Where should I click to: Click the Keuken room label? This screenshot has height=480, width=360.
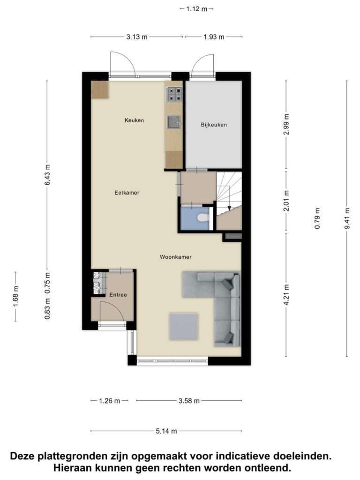134,120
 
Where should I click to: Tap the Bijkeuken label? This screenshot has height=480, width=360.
214,125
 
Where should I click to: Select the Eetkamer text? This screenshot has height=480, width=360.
127,193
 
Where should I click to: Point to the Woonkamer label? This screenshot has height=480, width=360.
176,257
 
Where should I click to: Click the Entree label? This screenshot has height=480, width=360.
118,295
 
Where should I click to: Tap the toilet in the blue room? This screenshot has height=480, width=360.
203,217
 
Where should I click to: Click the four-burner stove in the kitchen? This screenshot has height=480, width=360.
174,94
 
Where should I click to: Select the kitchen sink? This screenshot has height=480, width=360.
174,122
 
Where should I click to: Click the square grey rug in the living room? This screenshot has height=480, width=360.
184,326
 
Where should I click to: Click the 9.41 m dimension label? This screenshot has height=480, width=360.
347,218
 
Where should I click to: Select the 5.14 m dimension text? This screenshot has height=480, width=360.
166,431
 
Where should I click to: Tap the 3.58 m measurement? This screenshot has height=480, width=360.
189,400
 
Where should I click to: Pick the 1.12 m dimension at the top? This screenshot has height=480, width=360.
196,9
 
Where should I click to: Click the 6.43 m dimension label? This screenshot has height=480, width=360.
47,175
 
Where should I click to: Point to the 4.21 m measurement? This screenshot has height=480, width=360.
286,295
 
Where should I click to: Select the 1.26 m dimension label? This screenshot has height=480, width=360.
109,400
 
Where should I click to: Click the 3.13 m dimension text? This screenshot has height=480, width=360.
137,37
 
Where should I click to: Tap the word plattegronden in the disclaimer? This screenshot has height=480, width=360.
73,456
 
